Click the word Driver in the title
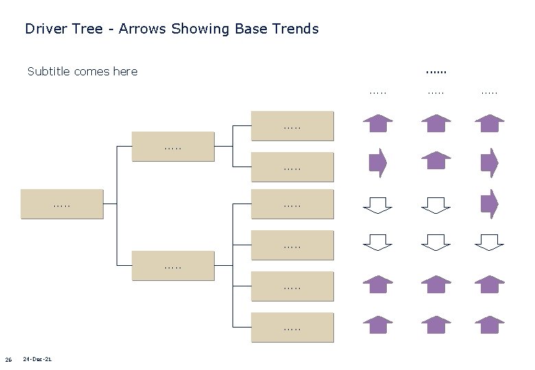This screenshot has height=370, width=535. coord(45,29)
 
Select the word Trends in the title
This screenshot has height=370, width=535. coord(296,29)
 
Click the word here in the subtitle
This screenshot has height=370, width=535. coord(125,71)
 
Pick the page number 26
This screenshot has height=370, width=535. coord(8,360)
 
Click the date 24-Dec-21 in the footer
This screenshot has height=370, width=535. coord(37,359)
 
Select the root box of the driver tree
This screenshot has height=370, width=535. coord(62,203)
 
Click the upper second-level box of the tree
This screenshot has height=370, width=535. coord(172,147)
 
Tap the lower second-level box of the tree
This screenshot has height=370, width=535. coord(172,265)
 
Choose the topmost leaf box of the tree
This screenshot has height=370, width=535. coord(292,125)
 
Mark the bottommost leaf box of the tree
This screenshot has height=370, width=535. coord(292,327)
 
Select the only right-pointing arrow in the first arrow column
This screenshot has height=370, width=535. coord(377,162)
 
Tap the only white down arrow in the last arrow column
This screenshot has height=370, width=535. coord(489,242)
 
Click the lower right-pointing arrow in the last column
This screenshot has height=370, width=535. coord(489,203)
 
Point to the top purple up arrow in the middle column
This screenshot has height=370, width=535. coord(436,123)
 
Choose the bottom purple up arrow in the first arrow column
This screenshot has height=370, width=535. coord(377,324)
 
